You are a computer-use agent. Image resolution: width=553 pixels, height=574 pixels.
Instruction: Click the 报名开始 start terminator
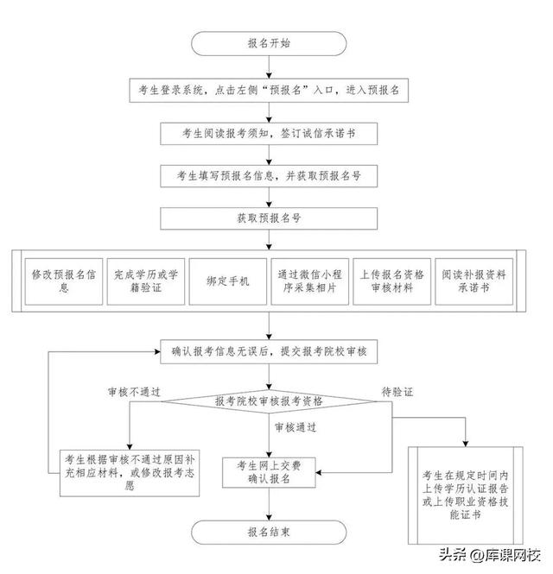click(269, 41)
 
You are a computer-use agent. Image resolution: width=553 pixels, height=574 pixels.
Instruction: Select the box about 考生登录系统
click(269, 90)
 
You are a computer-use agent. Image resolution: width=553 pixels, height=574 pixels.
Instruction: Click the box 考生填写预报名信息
click(269, 176)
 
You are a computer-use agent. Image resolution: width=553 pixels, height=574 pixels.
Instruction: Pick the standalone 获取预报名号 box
click(269, 218)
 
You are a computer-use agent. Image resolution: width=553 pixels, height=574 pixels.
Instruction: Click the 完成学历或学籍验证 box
click(144, 281)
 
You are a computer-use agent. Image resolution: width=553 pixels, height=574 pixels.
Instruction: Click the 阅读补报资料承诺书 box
click(474, 281)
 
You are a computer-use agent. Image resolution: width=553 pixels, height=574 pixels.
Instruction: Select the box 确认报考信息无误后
click(269, 350)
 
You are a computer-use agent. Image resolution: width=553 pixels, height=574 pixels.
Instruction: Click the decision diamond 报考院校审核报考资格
click(269, 401)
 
